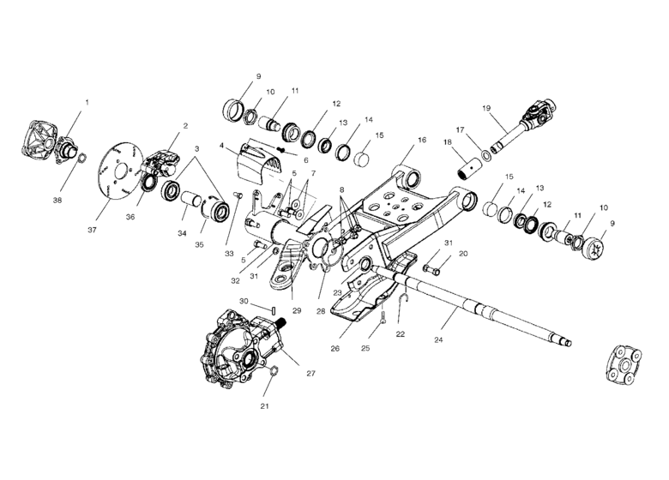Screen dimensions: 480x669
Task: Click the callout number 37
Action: coord(92,230)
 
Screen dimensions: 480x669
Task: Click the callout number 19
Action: coord(486,108)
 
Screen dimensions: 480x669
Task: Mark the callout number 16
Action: coord(421,138)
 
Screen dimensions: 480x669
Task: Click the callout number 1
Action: coord(86,102)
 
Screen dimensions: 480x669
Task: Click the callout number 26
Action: coord(334,348)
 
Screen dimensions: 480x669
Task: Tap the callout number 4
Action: coord(221,146)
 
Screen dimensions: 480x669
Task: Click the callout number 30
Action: coord(244,301)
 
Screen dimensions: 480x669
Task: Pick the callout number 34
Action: coord(181,233)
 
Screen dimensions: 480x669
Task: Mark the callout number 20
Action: coord(463,254)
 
